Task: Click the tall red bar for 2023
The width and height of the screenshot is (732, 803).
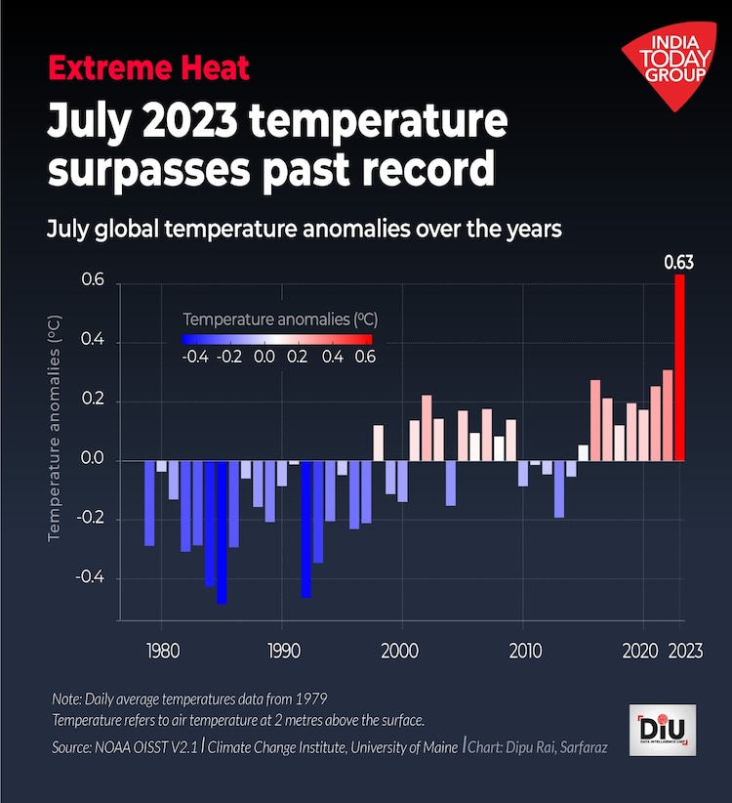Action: (x=679, y=367)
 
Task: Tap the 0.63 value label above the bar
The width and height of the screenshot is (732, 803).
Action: (x=678, y=262)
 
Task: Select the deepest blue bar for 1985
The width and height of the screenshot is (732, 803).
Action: (x=222, y=532)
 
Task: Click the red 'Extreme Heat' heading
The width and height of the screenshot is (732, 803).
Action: (x=148, y=68)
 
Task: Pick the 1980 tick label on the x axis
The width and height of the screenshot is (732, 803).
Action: (x=161, y=650)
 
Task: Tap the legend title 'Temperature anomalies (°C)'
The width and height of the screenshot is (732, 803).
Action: (x=280, y=318)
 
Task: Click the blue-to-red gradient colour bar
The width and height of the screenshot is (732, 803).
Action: (x=276, y=338)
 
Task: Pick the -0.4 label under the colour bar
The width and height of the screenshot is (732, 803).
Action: (x=194, y=358)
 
